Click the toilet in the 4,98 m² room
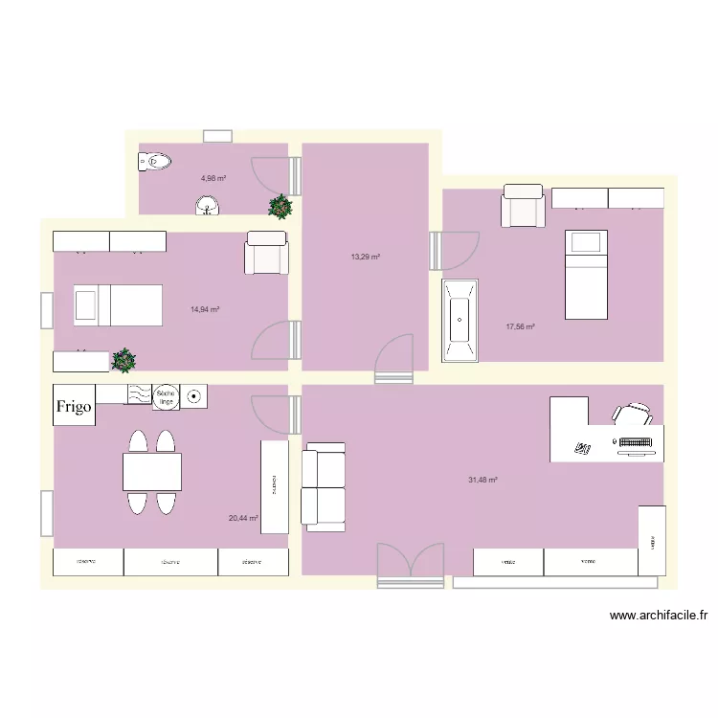pyautogui.click(x=154, y=163)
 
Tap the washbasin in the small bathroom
pyautogui.click(x=207, y=205)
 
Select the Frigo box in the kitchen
pyautogui.click(x=74, y=406)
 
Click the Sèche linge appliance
pyautogui.click(x=166, y=395)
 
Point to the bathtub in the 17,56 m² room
pyautogui.click(x=460, y=322)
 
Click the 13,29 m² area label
pyautogui.click(x=365, y=257)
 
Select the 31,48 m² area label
pyautogui.click(x=482, y=480)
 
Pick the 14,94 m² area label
pyautogui.click(x=205, y=309)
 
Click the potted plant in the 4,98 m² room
pyautogui.click(x=280, y=207)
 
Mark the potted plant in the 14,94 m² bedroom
pyautogui.click(x=123, y=360)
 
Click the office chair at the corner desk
pyautogui.click(x=634, y=414)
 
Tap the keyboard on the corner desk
pyautogui.click(x=639, y=442)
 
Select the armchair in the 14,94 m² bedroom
pyautogui.click(x=266, y=253)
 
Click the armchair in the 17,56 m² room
pyautogui.click(x=524, y=206)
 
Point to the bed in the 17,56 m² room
pyautogui.click(x=586, y=274)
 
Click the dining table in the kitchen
pyautogui.click(x=152, y=472)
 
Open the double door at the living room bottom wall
pyautogui.click(x=411, y=564)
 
